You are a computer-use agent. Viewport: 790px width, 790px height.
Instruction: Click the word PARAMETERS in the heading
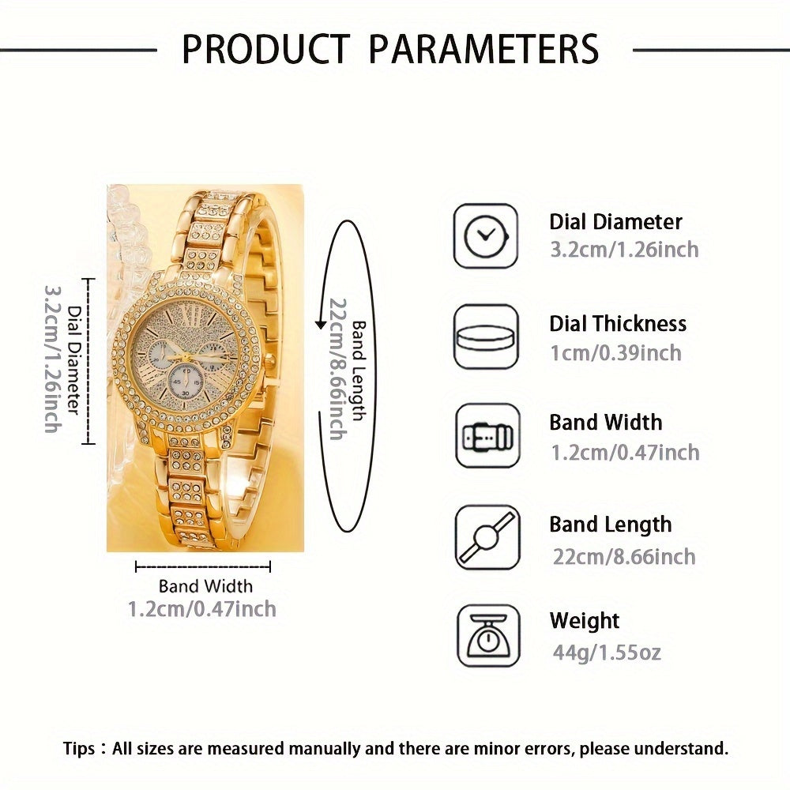click(483, 49)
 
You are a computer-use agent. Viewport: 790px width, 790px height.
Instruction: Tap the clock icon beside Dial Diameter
click(485, 236)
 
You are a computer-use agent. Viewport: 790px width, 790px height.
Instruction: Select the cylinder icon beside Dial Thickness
click(485, 336)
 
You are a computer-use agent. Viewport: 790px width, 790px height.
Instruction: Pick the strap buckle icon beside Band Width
click(487, 435)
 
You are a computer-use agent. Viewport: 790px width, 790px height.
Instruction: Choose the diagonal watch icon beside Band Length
click(487, 537)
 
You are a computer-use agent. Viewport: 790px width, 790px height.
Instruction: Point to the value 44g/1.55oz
click(607, 652)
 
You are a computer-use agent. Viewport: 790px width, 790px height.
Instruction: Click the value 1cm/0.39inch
click(615, 352)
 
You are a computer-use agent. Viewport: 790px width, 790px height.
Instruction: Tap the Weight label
click(585, 621)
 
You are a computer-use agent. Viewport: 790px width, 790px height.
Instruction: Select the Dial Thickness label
click(618, 323)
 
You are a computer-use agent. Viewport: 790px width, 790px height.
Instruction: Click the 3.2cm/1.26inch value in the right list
click(624, 250)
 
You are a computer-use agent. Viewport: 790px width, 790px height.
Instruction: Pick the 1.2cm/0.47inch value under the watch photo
click(202, 608)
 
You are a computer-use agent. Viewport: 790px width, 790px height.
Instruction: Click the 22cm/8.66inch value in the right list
click(623, 556)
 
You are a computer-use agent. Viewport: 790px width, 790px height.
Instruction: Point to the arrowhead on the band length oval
click(321, 323)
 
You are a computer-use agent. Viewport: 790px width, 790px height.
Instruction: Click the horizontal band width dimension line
click(203, 566)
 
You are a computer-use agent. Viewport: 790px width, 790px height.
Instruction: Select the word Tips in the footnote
click(80, 748)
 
